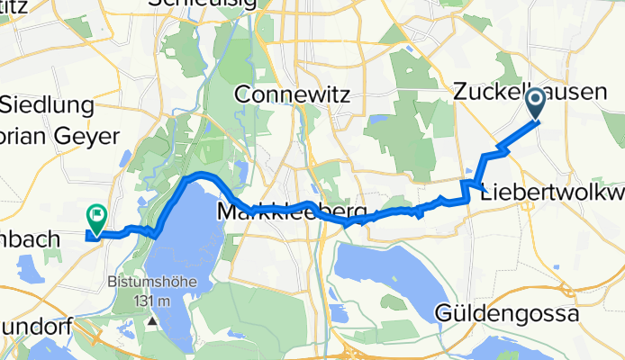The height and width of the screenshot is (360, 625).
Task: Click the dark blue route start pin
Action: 535,104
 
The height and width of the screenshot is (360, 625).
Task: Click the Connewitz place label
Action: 291,94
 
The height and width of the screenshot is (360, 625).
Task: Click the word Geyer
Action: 89,137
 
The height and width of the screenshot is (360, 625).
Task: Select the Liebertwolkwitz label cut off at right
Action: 552,193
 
